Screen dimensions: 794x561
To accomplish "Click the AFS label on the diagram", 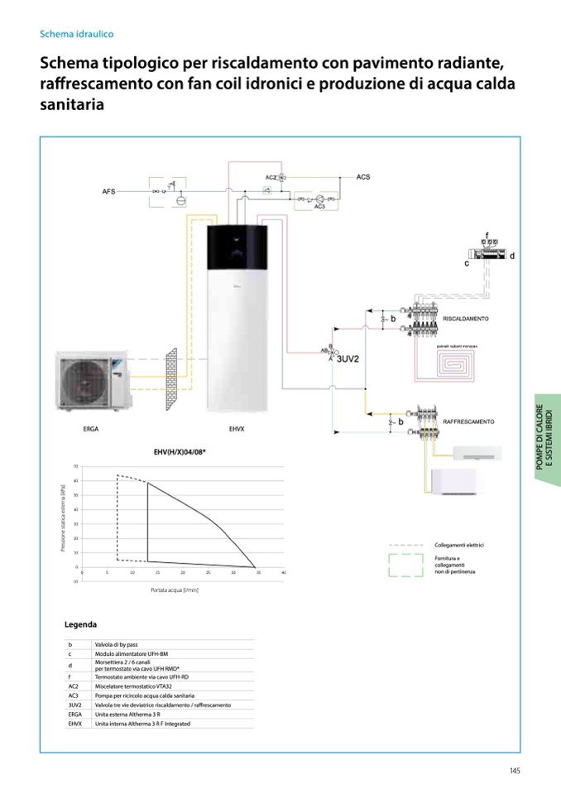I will [x=108, y=191].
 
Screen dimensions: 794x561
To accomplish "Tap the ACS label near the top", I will [x=363, y=177].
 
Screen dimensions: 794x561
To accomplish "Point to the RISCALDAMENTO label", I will [x=466, y=319].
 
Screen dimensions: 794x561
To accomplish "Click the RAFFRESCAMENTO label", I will [x=468, y=421].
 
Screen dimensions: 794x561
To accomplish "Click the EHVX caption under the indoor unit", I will [x=237, y=430].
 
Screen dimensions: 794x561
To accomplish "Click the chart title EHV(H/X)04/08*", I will [x=180, y=451].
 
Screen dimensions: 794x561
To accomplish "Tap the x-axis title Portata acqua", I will [x=175, y=590].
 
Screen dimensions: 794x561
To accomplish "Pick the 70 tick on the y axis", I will [x=76, y=467].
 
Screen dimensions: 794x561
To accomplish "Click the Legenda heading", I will [x=80, y=624].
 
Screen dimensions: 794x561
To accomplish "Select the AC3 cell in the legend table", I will [x=74, y=696].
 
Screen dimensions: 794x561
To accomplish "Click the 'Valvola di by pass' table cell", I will [x=116, y=644].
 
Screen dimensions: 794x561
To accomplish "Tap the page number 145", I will [x=515, y=771].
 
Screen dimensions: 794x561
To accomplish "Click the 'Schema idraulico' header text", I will [x=76, y=35].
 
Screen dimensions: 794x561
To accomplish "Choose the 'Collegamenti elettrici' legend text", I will [x=459, y=546].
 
